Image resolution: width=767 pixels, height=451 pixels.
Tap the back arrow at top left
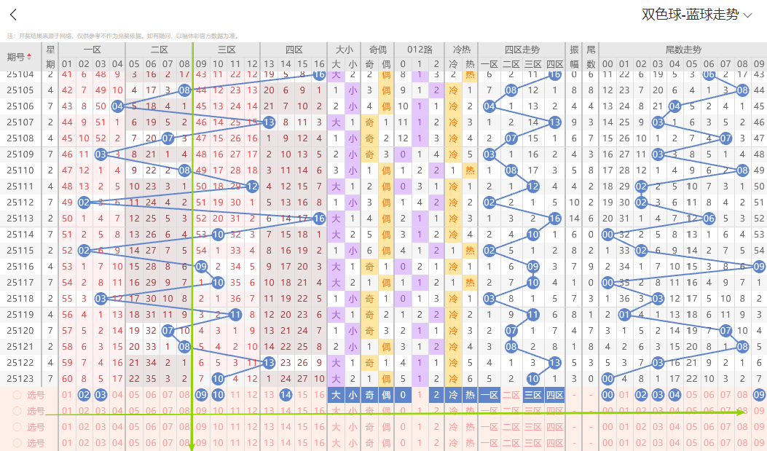click(x=13, y=15)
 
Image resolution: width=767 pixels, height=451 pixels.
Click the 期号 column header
click(x=20, y=57)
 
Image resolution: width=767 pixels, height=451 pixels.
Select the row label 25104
click(x=20, y=74)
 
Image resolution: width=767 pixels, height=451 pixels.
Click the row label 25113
click(x=20, y=219)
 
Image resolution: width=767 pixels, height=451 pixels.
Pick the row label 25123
click(x=20, y=379)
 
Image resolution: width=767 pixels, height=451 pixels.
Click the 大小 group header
click(x=344, y=50)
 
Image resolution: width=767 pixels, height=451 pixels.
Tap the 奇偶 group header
click(x=377, y=50)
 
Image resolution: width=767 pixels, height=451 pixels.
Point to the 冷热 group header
click(x=461, y=50)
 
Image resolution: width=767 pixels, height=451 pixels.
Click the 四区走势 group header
click(x=522, y=50)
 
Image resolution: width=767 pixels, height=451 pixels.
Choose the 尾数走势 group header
click(x=683, y=50)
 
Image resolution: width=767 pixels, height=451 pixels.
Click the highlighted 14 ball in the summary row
click(x=286, y=395)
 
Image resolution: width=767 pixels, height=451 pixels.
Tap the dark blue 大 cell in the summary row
click(x=336, y=395)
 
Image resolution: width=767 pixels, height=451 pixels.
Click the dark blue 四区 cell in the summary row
click(x=555, y=395)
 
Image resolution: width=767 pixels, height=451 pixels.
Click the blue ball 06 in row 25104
click(x=709, y=74)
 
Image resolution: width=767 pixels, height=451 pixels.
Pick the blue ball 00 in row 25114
click(x=608, y=235)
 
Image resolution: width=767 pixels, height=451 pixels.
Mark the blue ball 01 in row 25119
click(x=624, y=315)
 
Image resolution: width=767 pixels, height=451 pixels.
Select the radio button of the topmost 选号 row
click(x=17, y=395)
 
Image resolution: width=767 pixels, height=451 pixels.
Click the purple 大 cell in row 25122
click(x=336, y=363)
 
